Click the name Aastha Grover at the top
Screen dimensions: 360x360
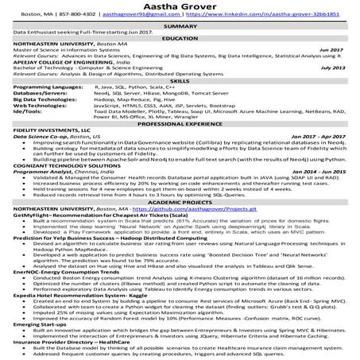click(180, 7)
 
